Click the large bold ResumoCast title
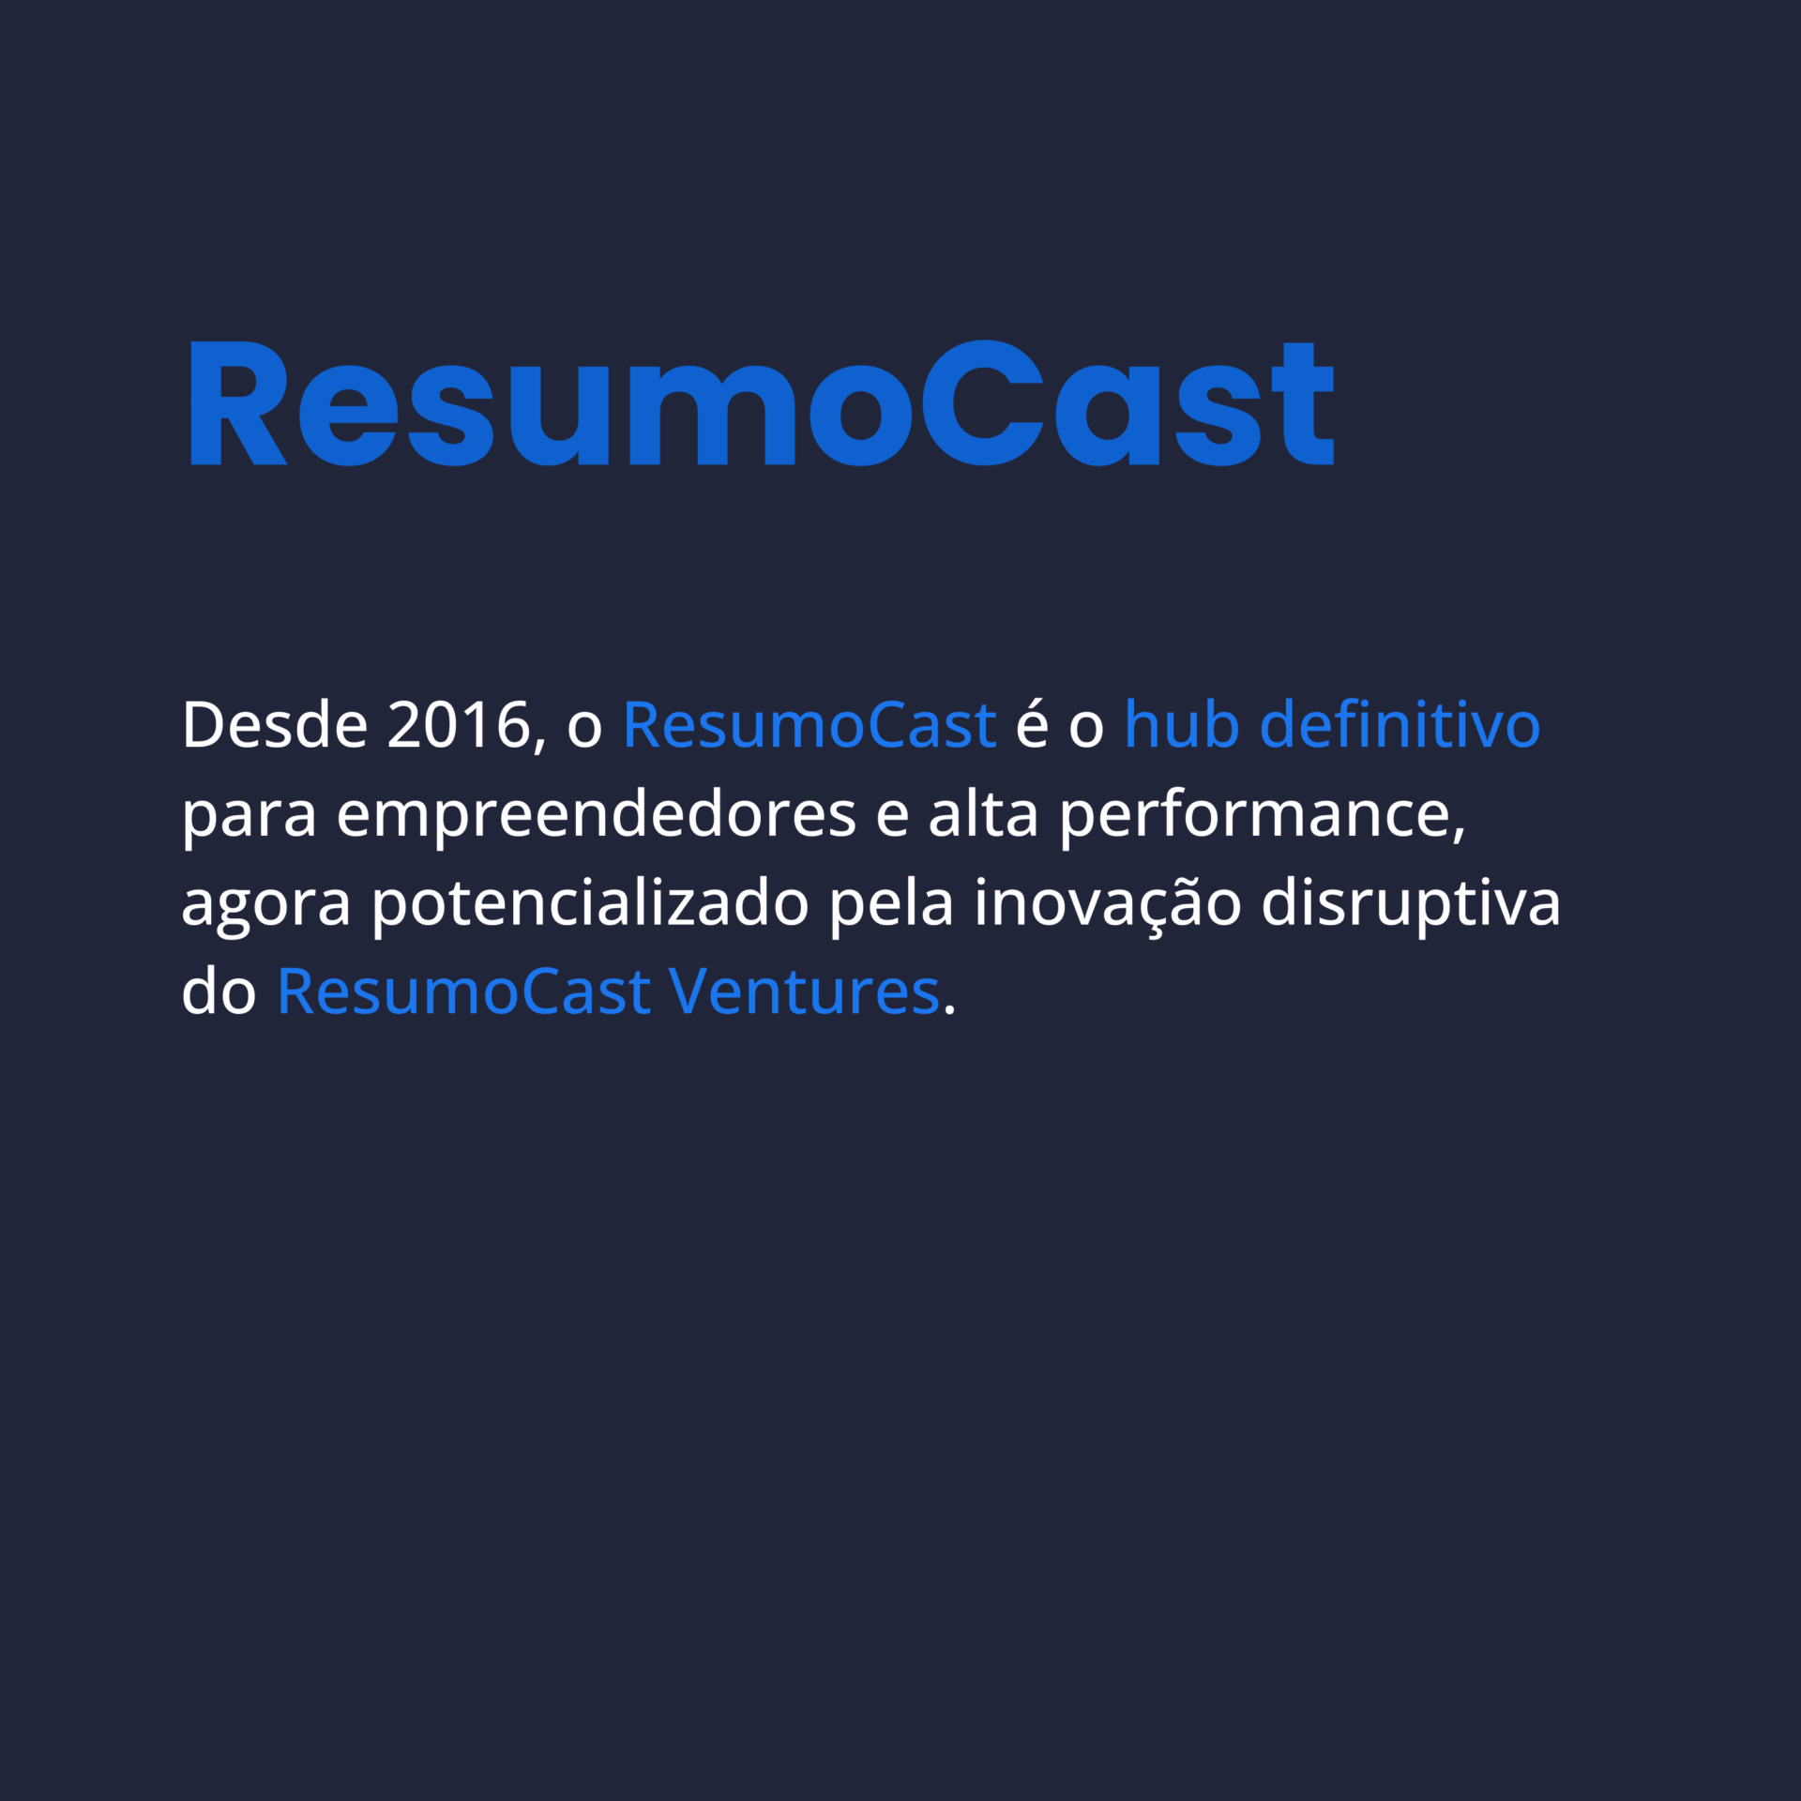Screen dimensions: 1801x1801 760,403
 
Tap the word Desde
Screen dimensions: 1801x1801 275,725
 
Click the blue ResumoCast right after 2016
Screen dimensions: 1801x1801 809,725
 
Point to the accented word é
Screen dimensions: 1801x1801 1032,725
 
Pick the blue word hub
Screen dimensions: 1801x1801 1181,725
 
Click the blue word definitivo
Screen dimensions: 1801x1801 1400,725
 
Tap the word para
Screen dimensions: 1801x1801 249,814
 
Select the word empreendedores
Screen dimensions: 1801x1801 596,814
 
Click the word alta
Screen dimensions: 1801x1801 983,814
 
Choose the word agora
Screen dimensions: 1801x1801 265,903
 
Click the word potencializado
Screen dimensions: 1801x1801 590,903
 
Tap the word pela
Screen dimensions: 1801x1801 891,903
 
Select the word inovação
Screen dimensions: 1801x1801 1107,903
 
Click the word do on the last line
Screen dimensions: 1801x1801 219,992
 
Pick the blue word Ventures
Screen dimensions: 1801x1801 804,992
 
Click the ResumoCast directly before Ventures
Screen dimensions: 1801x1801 463,992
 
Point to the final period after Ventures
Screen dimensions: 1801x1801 949,1011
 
